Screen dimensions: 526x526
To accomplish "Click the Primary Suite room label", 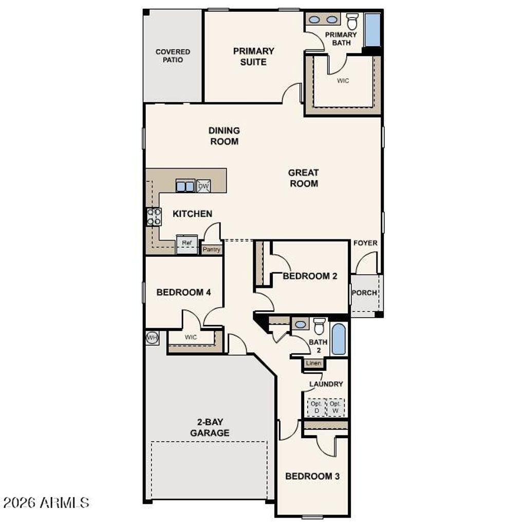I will (253, 57).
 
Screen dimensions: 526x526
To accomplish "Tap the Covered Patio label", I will (173, 56).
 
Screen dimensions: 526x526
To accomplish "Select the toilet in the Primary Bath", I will (352, 22).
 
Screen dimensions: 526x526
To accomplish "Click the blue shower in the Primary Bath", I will (372, 30).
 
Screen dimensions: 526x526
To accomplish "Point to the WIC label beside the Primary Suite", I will (343, 81).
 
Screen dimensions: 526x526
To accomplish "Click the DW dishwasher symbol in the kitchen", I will (203, 186).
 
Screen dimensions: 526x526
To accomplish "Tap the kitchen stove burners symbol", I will (154, 217).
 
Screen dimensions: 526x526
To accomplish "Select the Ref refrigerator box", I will (186, 244).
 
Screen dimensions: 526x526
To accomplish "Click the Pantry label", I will (211, 250).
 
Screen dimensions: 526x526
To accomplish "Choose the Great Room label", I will (303, 178).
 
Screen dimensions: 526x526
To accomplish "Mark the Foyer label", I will (365, 243).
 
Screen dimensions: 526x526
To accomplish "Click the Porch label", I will (365, 293).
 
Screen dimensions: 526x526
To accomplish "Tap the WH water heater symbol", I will (152, 337).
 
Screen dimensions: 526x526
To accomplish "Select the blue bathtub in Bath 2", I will (338, 339).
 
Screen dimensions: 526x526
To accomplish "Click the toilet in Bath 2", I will (320, 326).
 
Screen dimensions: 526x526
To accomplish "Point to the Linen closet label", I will (313, 363).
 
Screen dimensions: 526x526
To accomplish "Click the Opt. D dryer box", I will (316, 407).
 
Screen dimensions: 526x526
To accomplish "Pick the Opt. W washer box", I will (335, 407).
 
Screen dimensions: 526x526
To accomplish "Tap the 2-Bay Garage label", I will (210, 428).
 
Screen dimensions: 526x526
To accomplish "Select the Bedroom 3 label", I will (312, 476).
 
